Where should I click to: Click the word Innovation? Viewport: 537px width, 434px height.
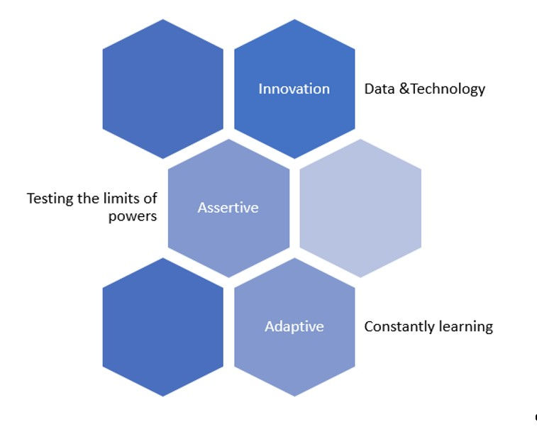(x=294, y=89)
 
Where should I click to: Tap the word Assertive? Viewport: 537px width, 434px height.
(x=228, y=207)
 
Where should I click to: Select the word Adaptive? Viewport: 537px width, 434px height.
(x=294, y=326)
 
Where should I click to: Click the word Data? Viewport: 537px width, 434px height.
(x=380, y=89)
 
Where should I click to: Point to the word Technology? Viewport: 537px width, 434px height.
(x=448, y=89)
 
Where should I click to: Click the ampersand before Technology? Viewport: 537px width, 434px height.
(x=404, y=89)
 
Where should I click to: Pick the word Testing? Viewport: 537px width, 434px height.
(x=50, y=199)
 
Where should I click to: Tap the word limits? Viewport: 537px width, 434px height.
(x=122, y=198)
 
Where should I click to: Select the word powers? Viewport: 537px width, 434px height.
(x=133, y=216)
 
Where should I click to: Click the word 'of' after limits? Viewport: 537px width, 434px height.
(x=150, y=198)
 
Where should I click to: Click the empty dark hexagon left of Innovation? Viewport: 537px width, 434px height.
(x=162, y=89)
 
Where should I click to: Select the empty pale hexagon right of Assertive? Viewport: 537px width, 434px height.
(x=360, y=208)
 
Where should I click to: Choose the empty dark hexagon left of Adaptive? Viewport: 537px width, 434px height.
(x=162, y=327)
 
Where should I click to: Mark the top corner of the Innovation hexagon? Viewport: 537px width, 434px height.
(x=294, y=20)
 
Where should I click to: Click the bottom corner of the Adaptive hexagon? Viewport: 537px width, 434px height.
(x=294, y=396)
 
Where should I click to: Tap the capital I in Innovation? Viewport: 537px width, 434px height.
(x=260, y=89)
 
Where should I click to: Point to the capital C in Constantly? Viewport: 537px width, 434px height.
(x=369, y=326)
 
